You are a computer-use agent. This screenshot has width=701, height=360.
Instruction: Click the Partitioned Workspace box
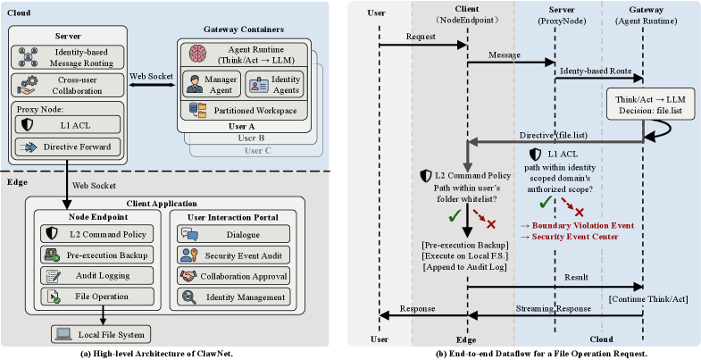pyautogui.click(x=242, y=109)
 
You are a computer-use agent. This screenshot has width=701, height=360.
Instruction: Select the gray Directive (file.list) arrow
pyautogui.click(x=554, y=140)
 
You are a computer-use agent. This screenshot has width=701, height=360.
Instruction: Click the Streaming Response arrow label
pyautogui.click(x=555, y=308)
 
